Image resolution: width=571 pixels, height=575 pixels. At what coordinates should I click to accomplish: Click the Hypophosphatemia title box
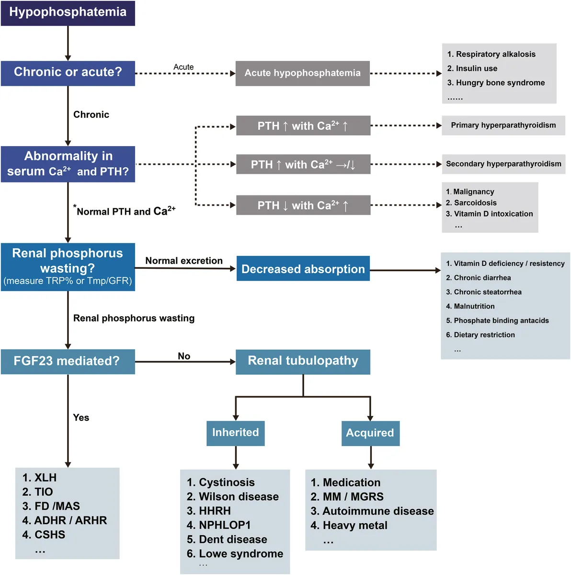point(68,13)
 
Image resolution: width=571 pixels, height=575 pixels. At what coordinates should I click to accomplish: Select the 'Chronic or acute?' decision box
point(68,73)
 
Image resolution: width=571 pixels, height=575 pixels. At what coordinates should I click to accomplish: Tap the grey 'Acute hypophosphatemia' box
point(302,73)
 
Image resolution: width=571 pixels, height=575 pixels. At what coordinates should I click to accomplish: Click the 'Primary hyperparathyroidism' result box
point(503,125)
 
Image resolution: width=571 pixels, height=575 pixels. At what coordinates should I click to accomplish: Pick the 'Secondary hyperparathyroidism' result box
point(503,164)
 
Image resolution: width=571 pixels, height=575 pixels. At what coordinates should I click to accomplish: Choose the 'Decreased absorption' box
point(303,269)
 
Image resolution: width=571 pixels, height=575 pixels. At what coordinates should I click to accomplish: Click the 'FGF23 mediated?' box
point(68,361)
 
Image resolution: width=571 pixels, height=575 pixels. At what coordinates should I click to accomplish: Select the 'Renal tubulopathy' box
point(303,361)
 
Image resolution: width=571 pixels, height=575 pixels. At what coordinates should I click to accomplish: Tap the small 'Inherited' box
point(235,433)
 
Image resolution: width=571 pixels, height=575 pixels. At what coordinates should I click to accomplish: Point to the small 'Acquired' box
point(370,433)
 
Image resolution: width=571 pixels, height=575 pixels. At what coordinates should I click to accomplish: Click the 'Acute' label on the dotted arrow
point(183,67)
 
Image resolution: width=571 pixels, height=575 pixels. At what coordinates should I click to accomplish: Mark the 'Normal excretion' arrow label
point(184,261)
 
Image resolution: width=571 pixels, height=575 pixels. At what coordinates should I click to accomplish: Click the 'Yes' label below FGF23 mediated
point(81,417)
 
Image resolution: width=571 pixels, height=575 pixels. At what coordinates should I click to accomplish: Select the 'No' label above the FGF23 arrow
point(184,356)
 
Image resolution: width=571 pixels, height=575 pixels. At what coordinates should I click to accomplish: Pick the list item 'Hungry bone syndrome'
point(500,83)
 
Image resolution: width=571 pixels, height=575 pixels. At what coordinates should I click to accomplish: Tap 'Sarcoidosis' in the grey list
point(475,203)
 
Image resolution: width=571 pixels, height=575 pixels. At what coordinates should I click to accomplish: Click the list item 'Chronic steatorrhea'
point(487,292)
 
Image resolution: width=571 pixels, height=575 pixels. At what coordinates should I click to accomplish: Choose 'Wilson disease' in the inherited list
point(238,497)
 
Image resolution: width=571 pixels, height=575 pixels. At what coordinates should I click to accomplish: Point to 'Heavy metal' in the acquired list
point(354,526)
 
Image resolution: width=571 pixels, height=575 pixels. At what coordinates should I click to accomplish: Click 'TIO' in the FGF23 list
point(44,492)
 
